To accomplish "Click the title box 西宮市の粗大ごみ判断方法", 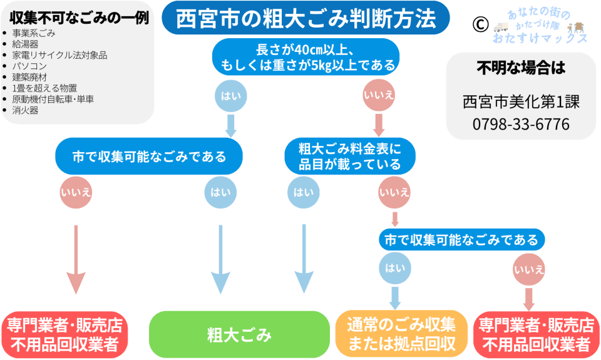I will click(x=306, y=19).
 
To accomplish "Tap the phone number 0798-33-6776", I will click(x=521, y=124).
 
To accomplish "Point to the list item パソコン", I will click(x=30, y=66).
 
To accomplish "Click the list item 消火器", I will click(x=25, y=110).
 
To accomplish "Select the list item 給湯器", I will click(x=25, y=44).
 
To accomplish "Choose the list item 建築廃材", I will click(x=30, y=77).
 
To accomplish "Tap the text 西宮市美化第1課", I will click(x=521, y=101).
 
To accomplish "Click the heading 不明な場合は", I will click(x=521, y=68).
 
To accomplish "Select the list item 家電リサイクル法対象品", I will click(x=59, y=55).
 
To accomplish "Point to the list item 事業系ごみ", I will click(x=34, y=33).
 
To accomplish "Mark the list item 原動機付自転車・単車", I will click(x=53, y=99).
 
